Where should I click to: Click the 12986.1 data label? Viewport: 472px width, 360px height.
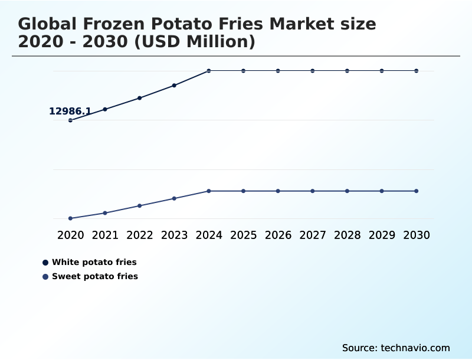click(70, 111)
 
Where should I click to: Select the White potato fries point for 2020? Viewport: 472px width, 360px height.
click(70, 120)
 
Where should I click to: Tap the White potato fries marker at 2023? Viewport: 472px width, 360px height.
click(174, 86)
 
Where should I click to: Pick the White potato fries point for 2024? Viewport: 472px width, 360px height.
click(209, 71)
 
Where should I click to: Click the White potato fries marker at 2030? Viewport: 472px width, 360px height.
click(417, 71)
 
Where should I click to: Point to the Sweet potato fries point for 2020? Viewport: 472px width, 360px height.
click(70, 218)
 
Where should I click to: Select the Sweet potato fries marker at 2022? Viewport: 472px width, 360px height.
click(140, 205)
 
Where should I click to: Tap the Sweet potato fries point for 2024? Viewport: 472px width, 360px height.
click(209, 191)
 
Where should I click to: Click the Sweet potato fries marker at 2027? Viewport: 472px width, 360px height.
click(313, 191)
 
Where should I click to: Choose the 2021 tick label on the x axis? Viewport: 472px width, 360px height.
click(105, 235)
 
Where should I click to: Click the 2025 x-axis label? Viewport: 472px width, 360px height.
click(243, 235)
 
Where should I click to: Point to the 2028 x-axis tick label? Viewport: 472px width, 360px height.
click(347, 235)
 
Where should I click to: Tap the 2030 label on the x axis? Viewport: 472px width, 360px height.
click(417, 235)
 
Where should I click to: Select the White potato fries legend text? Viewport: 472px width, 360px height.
click(94, 262)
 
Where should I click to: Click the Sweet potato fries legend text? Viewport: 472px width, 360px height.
click(95, 276)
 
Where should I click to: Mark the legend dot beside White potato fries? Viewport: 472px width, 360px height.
click(45, 262)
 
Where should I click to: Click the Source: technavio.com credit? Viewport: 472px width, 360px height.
click(396, 348)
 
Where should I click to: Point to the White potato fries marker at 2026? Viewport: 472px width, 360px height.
click(278, 71)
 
